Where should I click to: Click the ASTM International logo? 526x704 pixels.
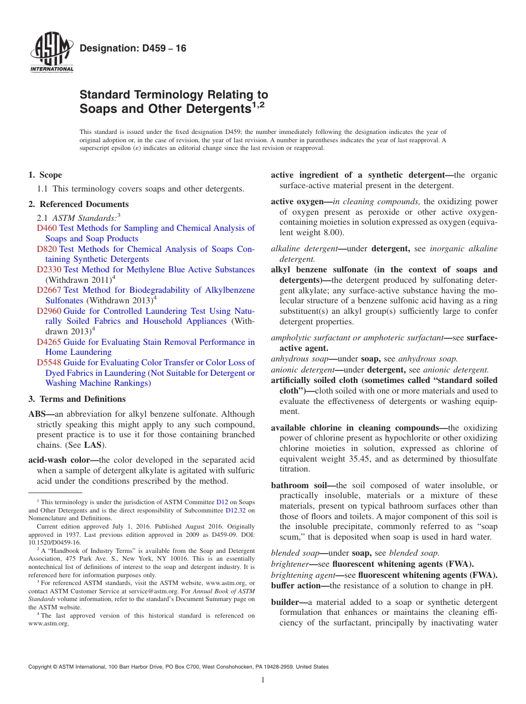[x=51, y=53]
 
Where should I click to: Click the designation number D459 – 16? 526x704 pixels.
[x=133, y=48]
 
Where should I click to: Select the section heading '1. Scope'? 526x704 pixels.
[x=45, y=175]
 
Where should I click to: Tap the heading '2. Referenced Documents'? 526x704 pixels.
[x=78, y=204]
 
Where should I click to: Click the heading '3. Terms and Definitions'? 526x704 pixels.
[x=77, y=399]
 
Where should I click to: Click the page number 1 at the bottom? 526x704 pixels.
[x=263, y=681]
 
